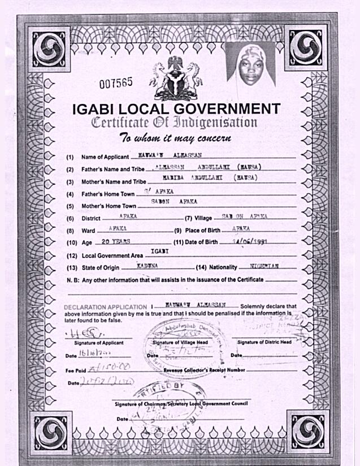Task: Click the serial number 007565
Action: pos(116,84)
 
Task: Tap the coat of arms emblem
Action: pos(175,79)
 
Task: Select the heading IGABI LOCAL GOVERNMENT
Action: pos(176,109)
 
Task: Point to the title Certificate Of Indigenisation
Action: pos(175,123)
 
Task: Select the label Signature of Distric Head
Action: pos(264,342)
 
